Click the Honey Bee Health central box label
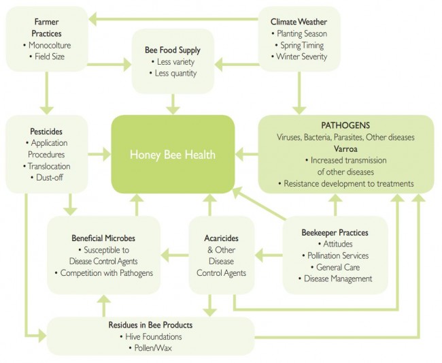(x=173, y=155)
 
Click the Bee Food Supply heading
(x=173, y=50)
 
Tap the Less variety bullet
(x=173, y=62)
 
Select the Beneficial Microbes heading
(x=103, y=238)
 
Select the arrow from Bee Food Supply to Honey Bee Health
(x=173, y=103)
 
